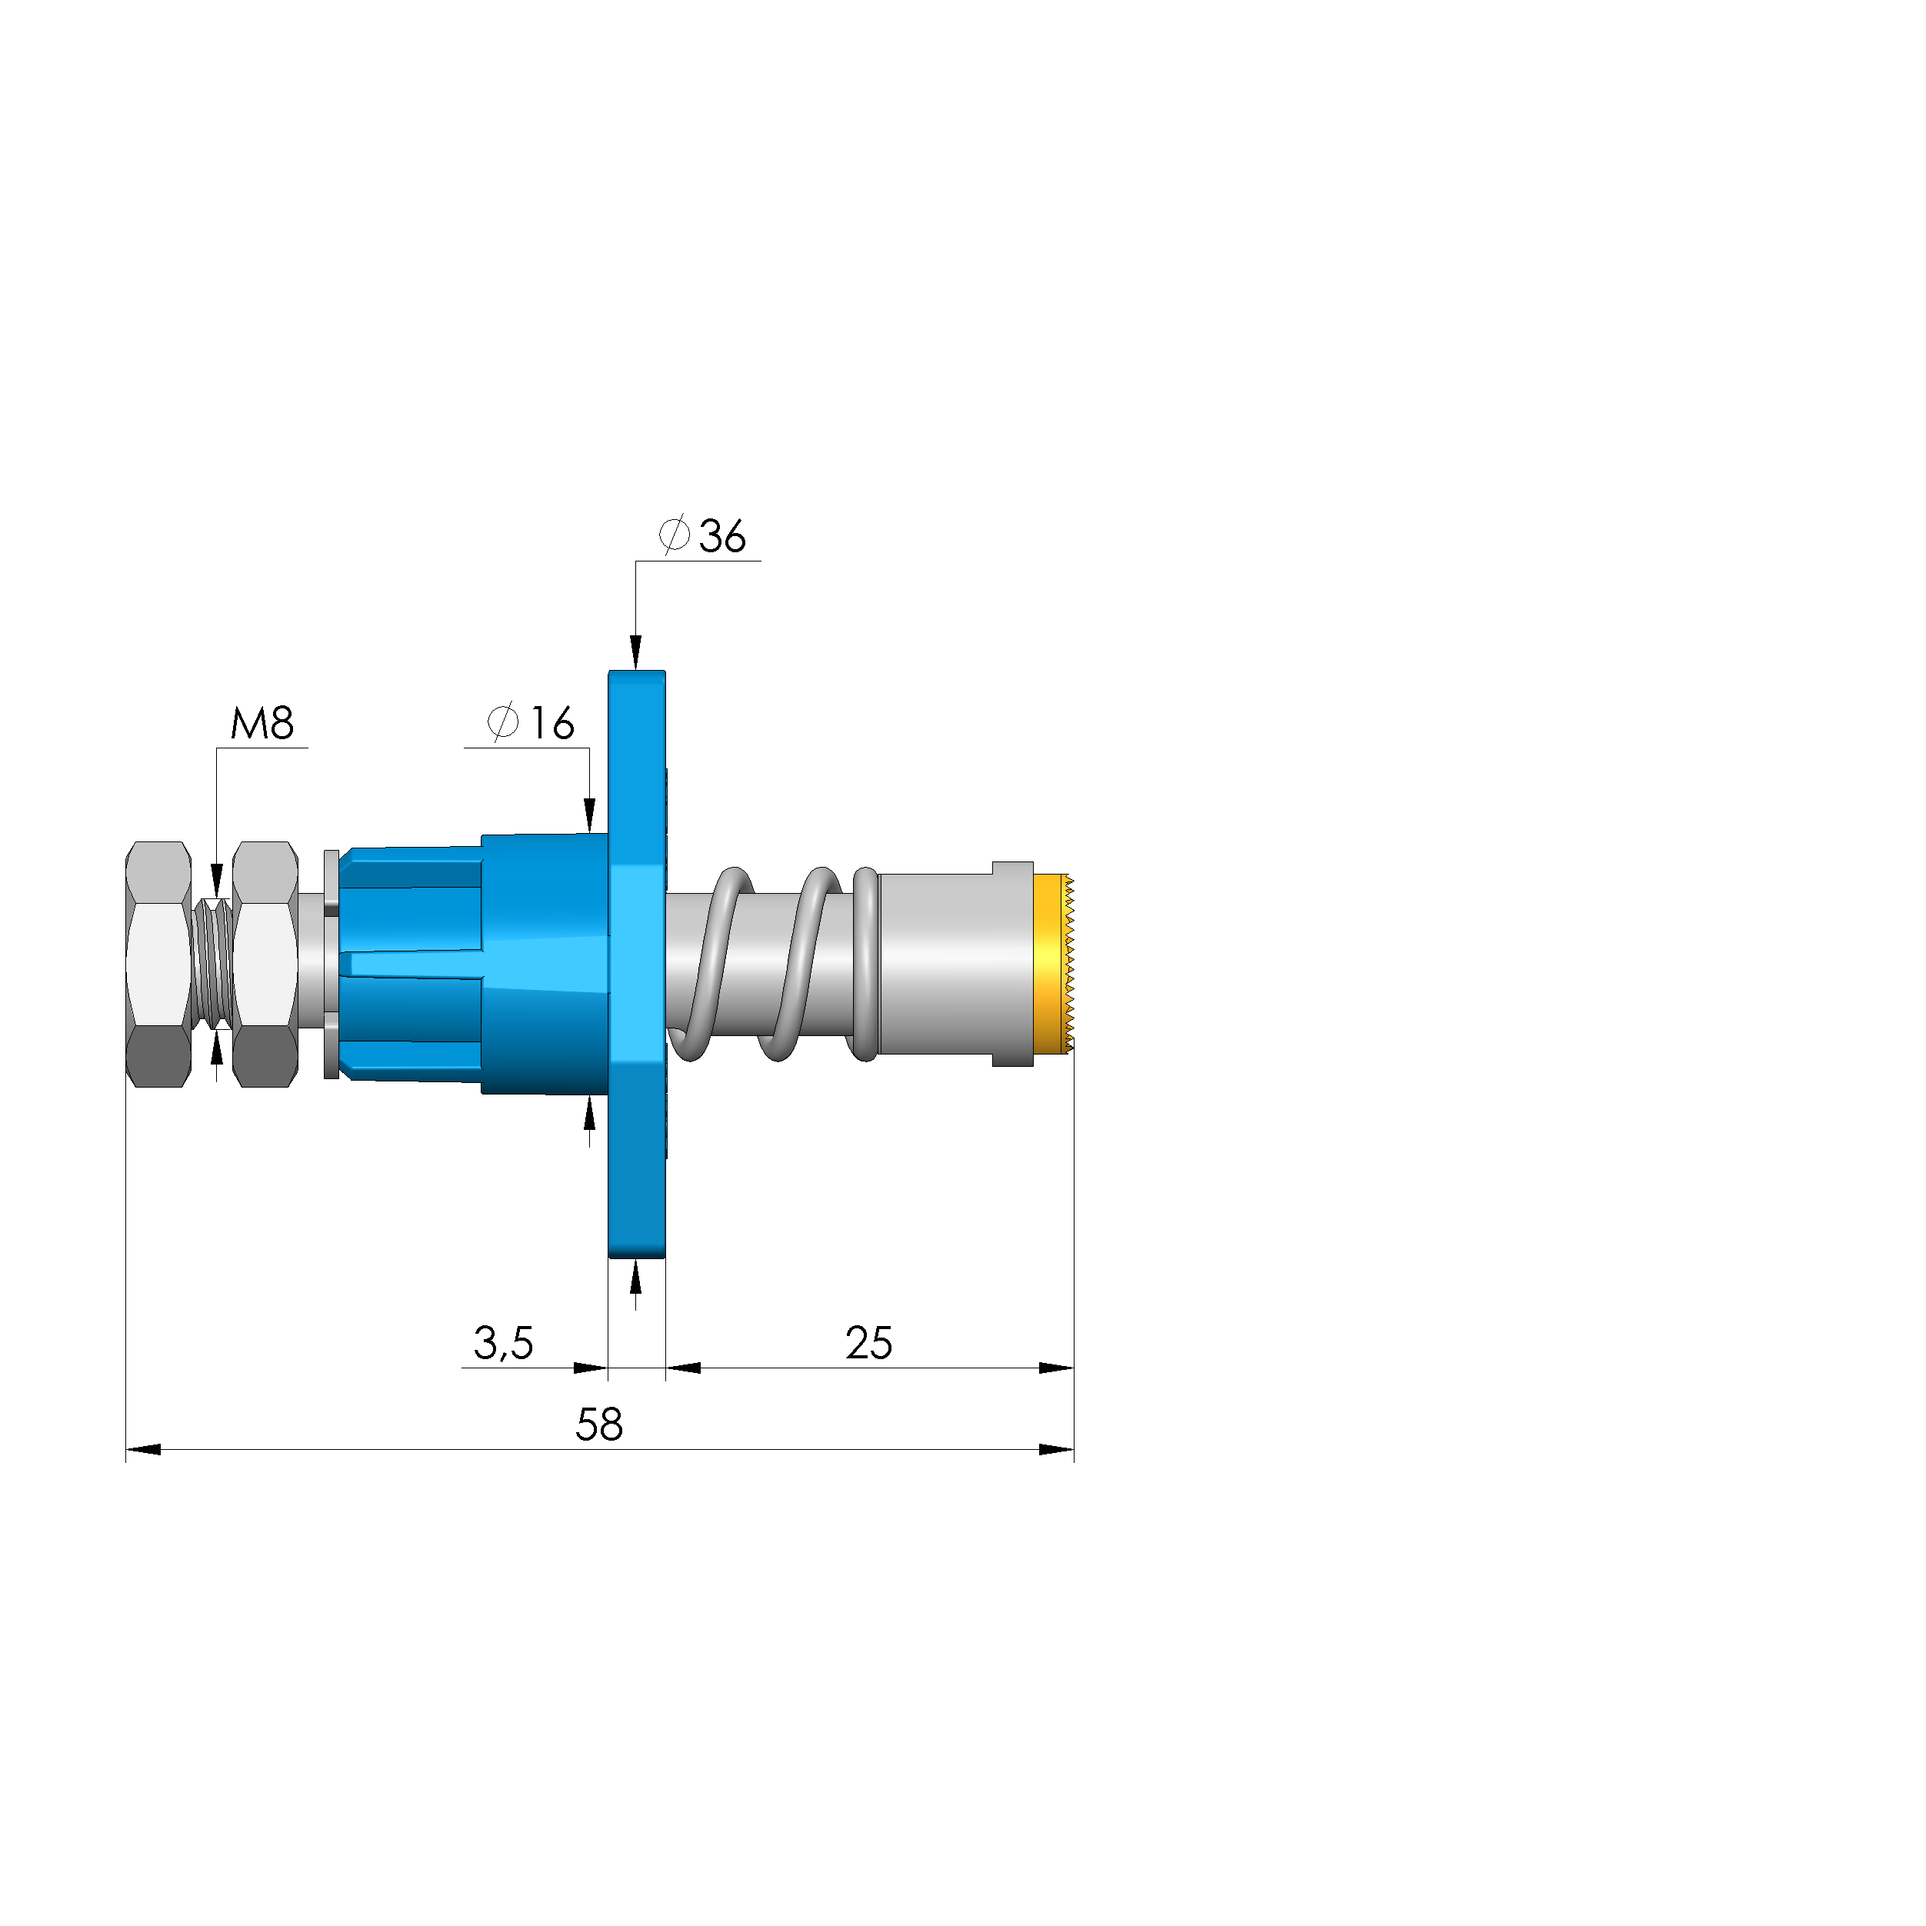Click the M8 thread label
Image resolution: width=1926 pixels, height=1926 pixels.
[x=262, y=723]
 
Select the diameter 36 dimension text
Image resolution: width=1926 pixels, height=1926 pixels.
[x=701, y=535]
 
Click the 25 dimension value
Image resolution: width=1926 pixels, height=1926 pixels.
[x=868, y=1343]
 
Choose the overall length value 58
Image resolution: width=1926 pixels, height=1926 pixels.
[x=599, y=1425]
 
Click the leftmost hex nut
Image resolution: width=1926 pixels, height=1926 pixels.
[x=158, y=964]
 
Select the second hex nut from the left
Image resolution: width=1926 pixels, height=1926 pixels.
[x=265, y=964]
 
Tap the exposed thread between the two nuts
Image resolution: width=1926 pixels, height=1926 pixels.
[x=212, y=963]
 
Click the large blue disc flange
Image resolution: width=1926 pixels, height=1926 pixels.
[x=637, y=964]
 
